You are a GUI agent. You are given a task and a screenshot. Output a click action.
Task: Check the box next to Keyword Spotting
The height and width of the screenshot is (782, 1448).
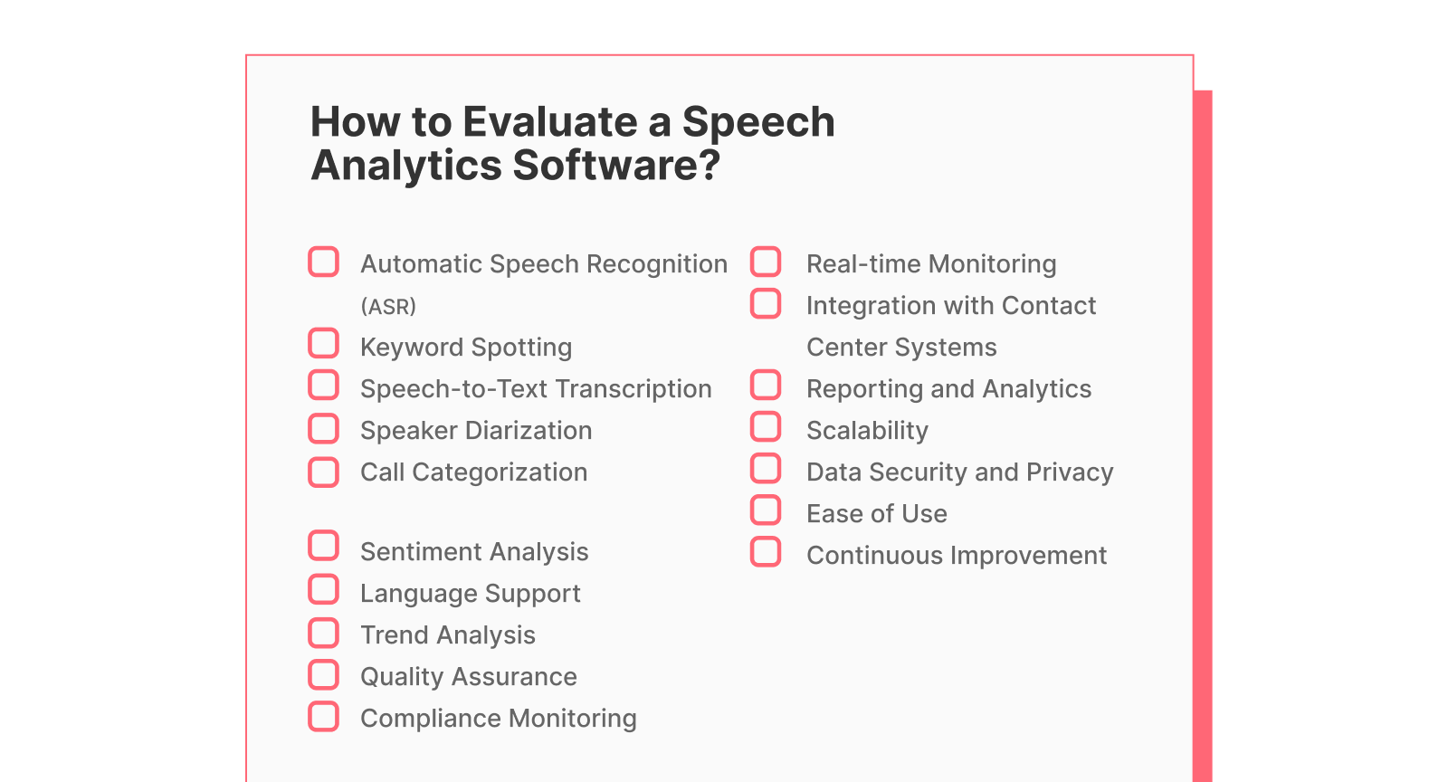coord(323,344)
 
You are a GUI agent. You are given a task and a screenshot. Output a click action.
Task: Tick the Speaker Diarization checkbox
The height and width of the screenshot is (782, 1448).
coord(323,428)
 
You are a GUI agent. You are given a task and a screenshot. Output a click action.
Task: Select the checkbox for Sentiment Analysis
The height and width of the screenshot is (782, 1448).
coord(323,547)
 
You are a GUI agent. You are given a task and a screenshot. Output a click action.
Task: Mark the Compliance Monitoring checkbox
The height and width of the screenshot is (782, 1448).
coord(323,716)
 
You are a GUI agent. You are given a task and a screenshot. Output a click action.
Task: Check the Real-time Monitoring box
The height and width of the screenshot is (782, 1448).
coord(766,262)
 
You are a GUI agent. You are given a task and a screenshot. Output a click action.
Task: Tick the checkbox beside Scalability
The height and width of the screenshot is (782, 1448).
coord(766,427)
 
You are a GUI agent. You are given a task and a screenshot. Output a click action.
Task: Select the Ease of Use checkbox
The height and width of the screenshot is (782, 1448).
coord(766,510)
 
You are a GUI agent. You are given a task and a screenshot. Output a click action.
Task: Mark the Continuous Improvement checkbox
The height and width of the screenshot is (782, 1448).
coord(766,552)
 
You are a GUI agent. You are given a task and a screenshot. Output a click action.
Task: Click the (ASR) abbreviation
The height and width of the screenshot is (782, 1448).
coord(388,307)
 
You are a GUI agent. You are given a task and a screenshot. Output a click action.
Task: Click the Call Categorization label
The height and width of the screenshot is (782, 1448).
coord(473,472)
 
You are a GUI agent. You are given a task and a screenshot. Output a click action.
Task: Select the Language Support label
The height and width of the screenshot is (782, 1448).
coord(470,594)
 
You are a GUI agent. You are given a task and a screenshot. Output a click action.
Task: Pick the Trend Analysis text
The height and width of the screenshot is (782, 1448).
coord(447,635)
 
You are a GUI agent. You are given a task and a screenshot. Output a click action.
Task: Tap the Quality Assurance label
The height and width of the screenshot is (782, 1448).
coord(468,677)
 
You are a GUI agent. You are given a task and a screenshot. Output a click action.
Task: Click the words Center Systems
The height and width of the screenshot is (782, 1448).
coord(901,348)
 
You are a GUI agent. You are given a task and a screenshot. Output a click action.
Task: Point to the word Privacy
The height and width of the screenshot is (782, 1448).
coord(1070,472)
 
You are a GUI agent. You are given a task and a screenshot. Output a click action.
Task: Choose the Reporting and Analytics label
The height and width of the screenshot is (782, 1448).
coord(948,389)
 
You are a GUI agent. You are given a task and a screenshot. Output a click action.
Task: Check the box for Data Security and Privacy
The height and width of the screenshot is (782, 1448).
coord(766,469)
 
